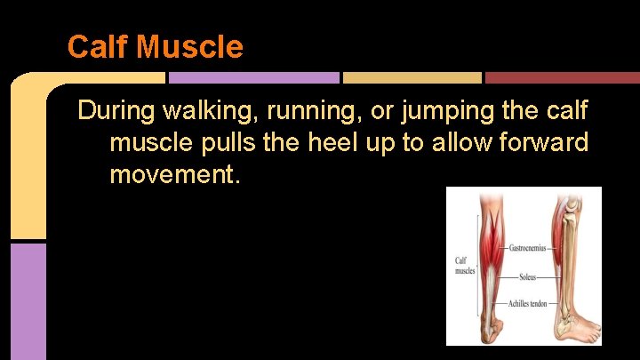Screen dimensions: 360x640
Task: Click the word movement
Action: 174,173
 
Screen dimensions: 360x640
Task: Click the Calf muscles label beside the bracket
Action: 466,266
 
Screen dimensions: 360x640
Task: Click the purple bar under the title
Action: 254,77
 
